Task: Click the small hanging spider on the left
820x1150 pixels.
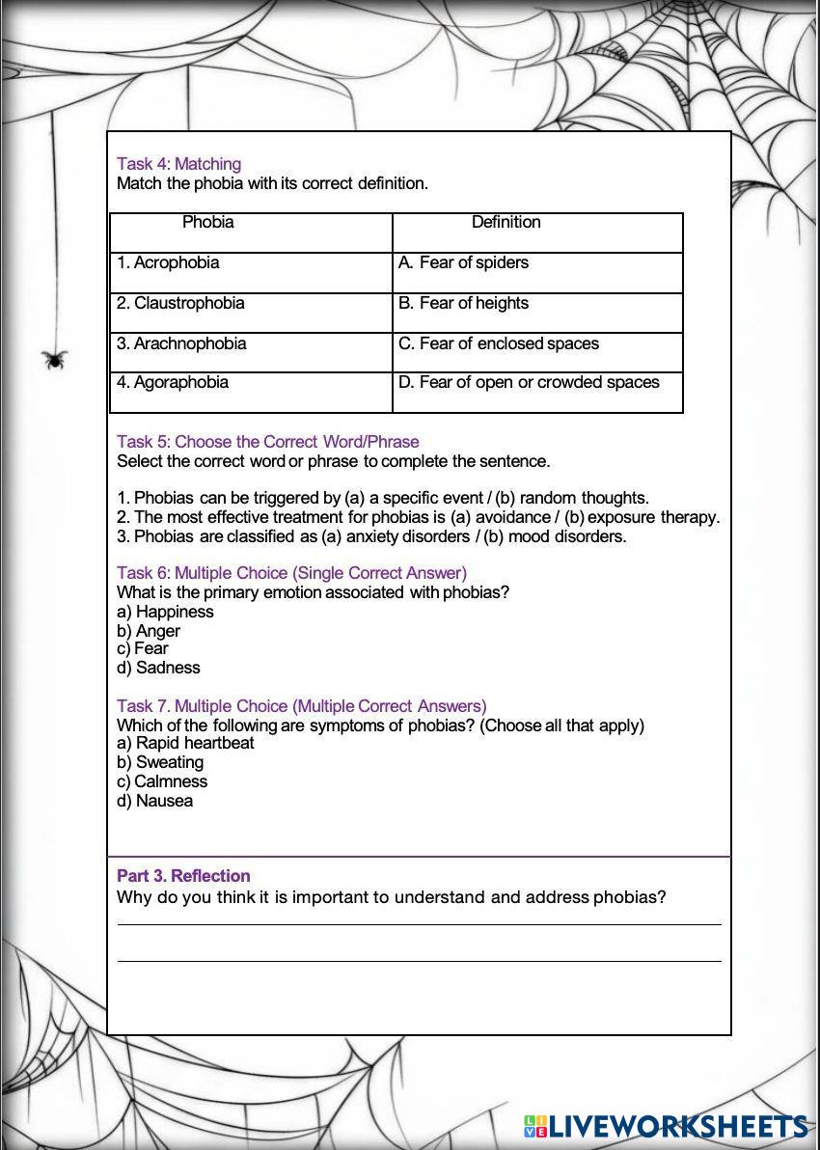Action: point(55,359)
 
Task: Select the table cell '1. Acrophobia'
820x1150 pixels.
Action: point(168,263)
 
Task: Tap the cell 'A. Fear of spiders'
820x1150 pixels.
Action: point(463,263)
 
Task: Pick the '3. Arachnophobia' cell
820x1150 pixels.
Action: point(181,344)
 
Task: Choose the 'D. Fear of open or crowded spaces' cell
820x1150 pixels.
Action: point(529,383)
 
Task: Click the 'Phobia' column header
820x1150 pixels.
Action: point(208,223)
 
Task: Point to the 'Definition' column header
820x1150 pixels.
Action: point(506,223)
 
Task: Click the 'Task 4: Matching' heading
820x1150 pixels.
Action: point(178,164)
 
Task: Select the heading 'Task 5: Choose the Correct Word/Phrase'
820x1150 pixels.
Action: point(267,442)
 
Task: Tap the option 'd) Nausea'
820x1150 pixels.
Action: point(154,801)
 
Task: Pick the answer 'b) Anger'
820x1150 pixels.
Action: point(149,631)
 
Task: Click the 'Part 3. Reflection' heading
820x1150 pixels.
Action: point(183,876)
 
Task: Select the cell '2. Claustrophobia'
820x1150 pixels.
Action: point(180,304)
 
